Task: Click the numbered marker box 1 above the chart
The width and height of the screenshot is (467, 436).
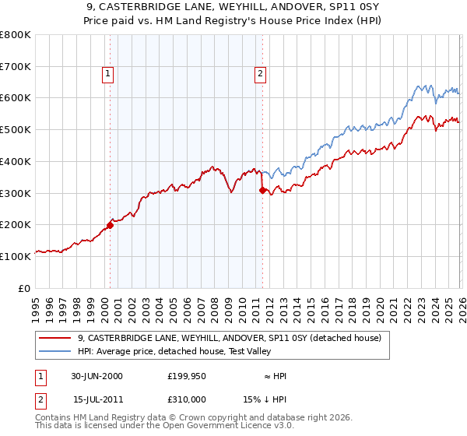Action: pos(107,75)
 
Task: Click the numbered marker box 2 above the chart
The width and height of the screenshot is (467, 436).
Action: pos(259,75)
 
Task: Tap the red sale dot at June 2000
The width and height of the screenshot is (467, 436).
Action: pos(110,225)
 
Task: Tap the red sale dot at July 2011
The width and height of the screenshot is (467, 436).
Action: pos(262,190)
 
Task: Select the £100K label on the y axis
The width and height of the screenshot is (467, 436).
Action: pos(16,256)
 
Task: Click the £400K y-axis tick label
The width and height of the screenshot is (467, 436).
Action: pos(16,162)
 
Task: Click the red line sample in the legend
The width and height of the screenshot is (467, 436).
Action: pos(55,339)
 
